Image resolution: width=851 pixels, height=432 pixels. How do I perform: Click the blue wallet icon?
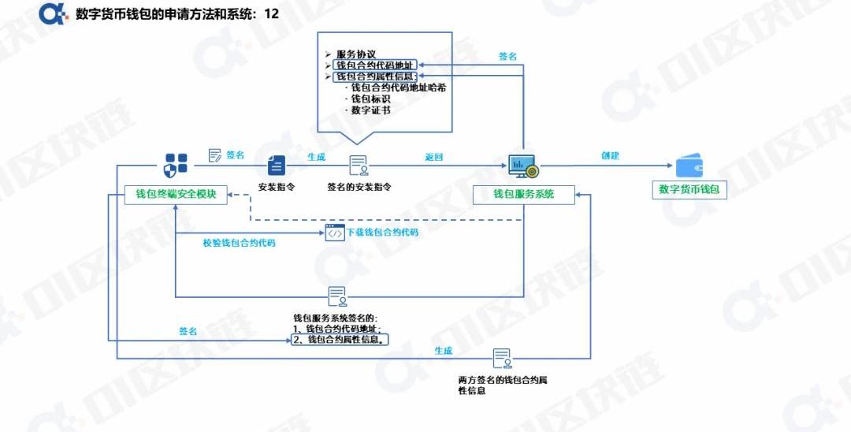(689, 166)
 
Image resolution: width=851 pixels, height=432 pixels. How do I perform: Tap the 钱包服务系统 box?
(523, 194)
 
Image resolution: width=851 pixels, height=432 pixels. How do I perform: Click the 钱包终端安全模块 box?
(176, 194)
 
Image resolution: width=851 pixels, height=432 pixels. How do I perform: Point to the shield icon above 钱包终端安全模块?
(176, 164)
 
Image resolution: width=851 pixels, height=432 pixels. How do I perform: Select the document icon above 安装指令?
(276, 165)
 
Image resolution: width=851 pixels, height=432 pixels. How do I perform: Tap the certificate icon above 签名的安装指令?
(359, 166)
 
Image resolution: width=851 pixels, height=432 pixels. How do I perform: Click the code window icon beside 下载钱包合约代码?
(335, 233)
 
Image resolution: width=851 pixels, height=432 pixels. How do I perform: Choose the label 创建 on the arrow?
(610, 155)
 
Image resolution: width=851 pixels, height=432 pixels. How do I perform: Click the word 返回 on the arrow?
(434, 157)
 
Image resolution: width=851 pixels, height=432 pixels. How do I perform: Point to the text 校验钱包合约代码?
(239, 244)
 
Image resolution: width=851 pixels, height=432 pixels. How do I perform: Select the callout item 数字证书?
(370, 110)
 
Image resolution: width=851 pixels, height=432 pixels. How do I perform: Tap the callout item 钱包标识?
(370, 99)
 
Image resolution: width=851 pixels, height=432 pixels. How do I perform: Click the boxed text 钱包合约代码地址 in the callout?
(373, 65)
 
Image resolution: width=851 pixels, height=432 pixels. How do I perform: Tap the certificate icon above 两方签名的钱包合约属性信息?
(501, 359)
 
